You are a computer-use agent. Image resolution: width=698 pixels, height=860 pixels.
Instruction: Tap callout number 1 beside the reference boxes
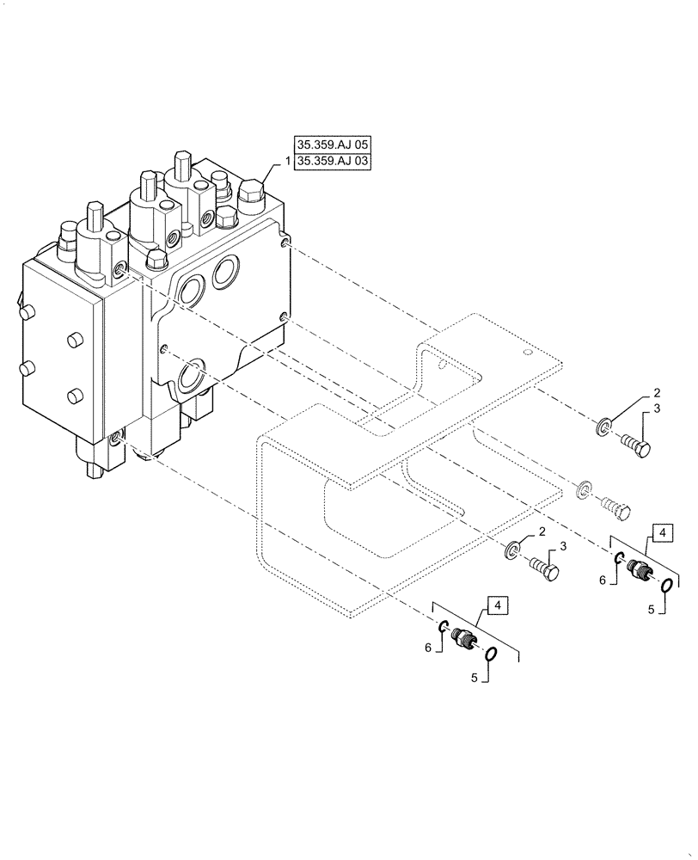(x=287, y=161)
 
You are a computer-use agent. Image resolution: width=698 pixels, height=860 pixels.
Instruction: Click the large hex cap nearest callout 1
(x=254, y=193)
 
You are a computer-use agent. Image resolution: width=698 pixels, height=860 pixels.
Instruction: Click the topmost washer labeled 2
(x=605, y=426)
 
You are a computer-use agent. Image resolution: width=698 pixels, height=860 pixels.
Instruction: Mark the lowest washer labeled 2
(x=514, y=549)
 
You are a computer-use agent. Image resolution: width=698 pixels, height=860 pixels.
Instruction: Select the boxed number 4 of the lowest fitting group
(x=498, y=604)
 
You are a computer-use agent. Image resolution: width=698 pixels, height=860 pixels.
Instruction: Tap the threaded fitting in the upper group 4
(x=640, y=569)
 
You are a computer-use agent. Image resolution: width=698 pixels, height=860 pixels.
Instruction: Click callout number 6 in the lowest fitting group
(x=429, y=649)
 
